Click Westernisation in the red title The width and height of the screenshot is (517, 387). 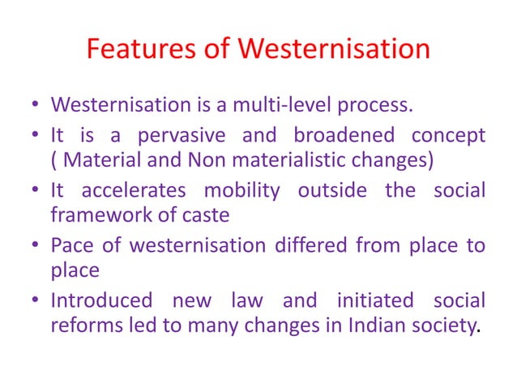tap(333, 51)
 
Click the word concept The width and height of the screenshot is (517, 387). tap(445, 135)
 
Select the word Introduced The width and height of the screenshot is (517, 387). tap(101, 300)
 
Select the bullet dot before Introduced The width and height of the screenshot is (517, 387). tap(37, 301)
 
